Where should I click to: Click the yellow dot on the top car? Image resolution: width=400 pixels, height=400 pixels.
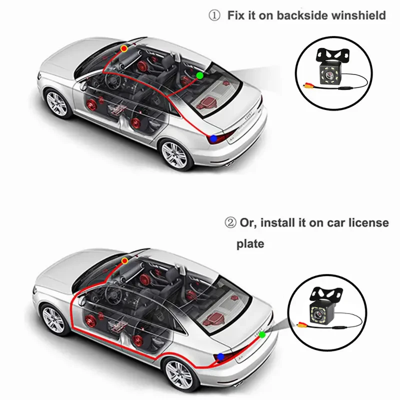(x=124, y=48)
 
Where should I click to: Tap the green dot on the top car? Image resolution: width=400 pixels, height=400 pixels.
(x=199, y=75)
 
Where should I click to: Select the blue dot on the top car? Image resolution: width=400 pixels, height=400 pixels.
(x=213, y=138)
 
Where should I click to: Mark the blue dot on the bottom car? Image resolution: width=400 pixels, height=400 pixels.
(x=221, y=356)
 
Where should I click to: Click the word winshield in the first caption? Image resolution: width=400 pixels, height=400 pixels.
(x=358, y=15)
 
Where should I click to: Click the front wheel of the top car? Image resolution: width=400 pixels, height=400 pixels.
(x=56, y=101)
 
